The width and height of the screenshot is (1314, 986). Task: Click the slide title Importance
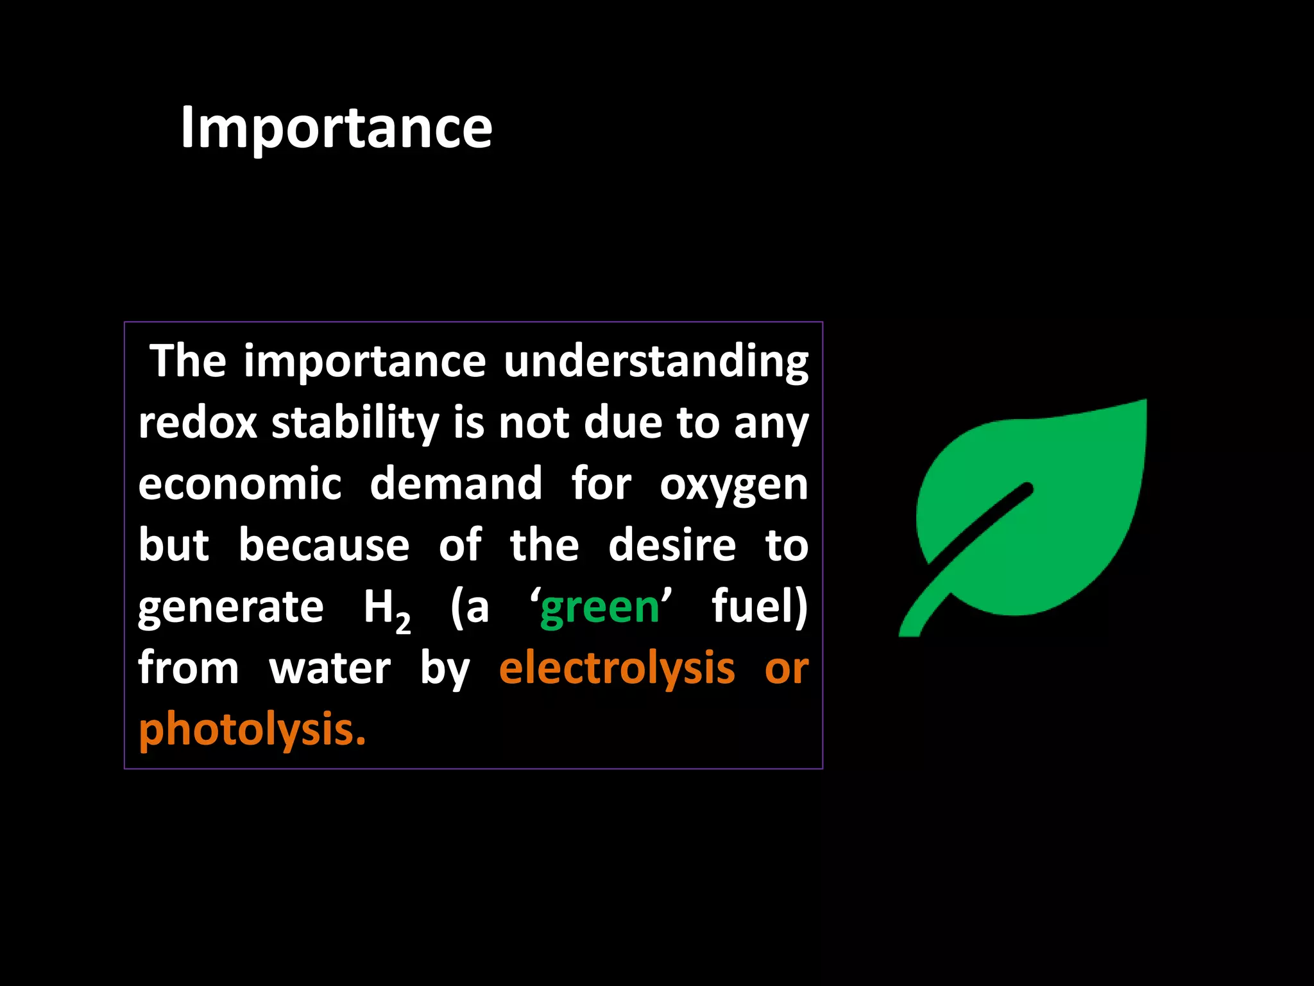coord(336,128)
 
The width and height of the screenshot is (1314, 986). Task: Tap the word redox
coord(198,424)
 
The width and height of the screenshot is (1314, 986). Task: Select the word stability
coord(355,424)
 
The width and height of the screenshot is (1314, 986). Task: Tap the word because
coord(324,545)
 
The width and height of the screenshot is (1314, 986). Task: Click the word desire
coord(672,545)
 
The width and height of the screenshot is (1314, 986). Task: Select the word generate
coord(231,607)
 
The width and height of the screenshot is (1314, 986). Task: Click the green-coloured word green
coord(599,607)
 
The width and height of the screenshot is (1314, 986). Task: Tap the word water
coord(329,668)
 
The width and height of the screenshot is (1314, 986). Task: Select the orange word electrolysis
coord(617,668)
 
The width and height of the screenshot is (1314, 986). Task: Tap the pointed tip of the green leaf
coord(1142,404)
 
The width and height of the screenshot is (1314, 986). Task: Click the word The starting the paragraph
coord(187,361)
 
